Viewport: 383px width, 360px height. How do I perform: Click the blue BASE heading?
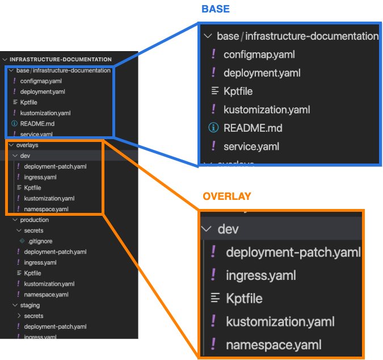215,10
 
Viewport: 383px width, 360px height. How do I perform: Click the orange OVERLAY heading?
226,196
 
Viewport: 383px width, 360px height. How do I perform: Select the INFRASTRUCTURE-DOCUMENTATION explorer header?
60,59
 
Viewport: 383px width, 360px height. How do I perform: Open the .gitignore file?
40,241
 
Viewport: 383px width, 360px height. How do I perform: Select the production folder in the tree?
34,220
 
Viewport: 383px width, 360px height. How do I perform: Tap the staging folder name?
30,305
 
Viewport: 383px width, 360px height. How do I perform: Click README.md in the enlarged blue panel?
252,128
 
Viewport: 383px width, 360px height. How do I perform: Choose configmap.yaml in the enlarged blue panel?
259,55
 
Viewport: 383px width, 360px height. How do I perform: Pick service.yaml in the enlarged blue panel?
251,146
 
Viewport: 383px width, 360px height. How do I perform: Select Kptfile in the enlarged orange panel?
244,298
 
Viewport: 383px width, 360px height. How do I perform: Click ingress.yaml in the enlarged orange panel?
260,275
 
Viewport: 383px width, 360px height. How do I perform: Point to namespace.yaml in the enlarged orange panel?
273,345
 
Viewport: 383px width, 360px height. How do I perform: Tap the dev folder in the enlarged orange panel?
228,229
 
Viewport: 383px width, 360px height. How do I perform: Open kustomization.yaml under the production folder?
49,284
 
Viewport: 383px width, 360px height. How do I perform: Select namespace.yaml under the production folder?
46,295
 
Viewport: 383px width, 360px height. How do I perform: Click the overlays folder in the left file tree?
27,145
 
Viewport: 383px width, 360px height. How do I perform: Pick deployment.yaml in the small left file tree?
42,91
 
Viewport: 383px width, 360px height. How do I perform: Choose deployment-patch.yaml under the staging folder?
55,326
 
